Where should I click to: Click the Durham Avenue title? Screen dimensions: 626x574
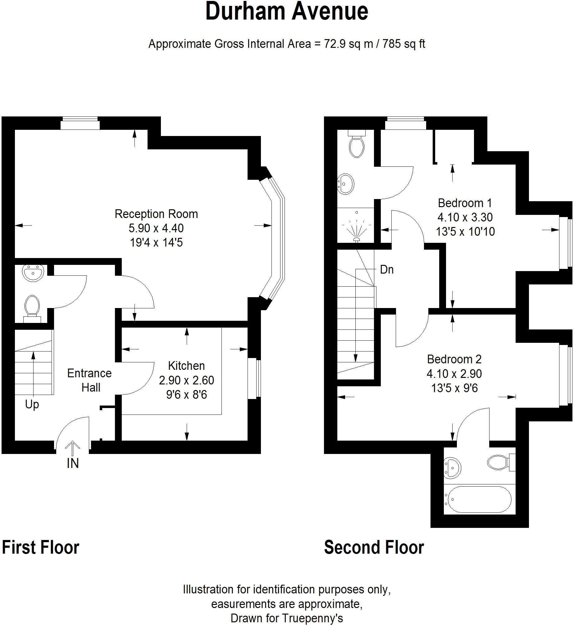point(287,12)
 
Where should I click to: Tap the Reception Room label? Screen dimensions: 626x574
point(156,214)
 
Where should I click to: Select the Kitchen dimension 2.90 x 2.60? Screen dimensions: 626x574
point(186,380)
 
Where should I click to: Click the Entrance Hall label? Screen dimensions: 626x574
point(89,380)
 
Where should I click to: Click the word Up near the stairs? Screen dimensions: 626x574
point(32,405)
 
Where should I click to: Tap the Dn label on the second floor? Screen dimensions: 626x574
point(387,270)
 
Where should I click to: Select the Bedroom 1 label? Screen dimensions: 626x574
point(465,203)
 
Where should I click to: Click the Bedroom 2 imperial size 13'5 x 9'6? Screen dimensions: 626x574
point(454,388)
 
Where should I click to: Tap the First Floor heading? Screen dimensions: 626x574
point(41,547)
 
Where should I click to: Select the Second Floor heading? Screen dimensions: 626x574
point(374,547)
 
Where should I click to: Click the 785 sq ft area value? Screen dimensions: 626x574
point(403,44)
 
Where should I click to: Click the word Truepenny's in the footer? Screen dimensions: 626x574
point(312,618)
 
